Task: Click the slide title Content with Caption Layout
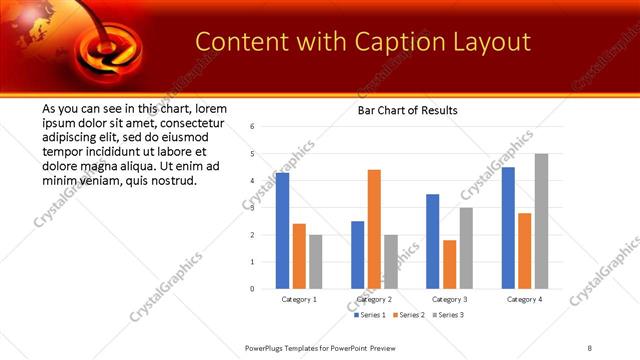pos(362,42)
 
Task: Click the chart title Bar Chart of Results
pos(407,110)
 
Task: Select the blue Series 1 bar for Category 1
pos(283,230)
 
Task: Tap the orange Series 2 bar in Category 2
pos(374,229)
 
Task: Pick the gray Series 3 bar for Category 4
pos(541,221)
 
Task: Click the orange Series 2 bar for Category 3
pos(449,264)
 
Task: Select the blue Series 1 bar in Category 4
pos(508,227)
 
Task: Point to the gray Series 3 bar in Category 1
pos(316,261)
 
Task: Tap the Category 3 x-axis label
pos(449,299)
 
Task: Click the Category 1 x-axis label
pos(299,299)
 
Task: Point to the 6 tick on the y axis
pos(253,127)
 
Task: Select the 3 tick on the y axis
pos(253,208)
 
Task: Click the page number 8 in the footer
pos(590,347)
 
